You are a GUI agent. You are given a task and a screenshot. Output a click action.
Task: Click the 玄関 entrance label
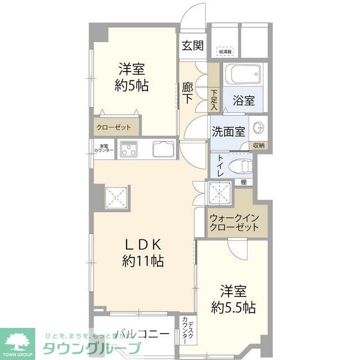[192, 46]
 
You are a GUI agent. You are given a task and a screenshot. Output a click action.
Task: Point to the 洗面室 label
[228, 132]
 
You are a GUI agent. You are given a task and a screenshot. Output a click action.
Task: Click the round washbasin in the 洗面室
[259, 128]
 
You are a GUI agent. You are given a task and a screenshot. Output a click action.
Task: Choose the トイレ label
[218, 167]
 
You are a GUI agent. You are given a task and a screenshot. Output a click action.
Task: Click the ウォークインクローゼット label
[233, 222]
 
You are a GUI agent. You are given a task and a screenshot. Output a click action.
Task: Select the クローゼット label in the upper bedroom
[113, 127]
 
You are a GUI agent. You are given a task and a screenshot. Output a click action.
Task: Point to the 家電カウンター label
[104, 148]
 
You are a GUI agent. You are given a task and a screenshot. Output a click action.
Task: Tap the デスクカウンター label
[188, 332]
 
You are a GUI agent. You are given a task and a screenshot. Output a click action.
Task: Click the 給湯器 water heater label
[225, 52]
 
